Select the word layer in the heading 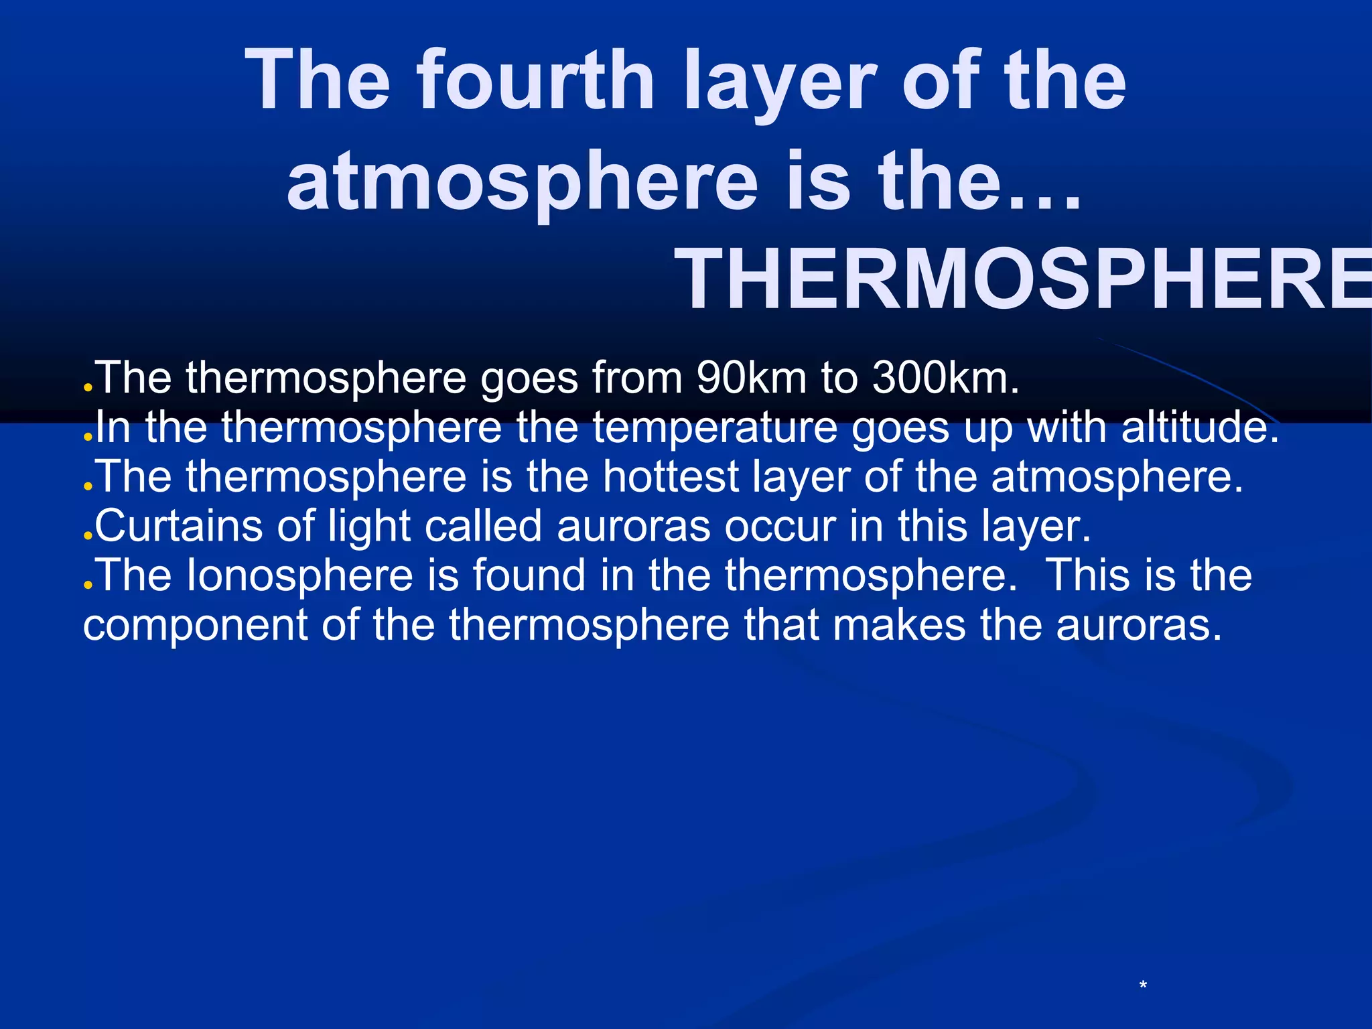pyautogui.click(x=780, y=84)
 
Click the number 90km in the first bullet pyautogui.click(x=751, y=378)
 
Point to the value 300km pyautogui.click(x=945, y=378)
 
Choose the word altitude pyautogui.click(x=1199, y=427)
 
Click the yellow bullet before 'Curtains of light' pyautogui.click(x=87, y=535)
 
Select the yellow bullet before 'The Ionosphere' pyautogui.click(x=87, y=584)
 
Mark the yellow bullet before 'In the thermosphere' pyautogui.click(x=87, y=437)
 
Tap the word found pyautogui.click(x=529, y=575)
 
